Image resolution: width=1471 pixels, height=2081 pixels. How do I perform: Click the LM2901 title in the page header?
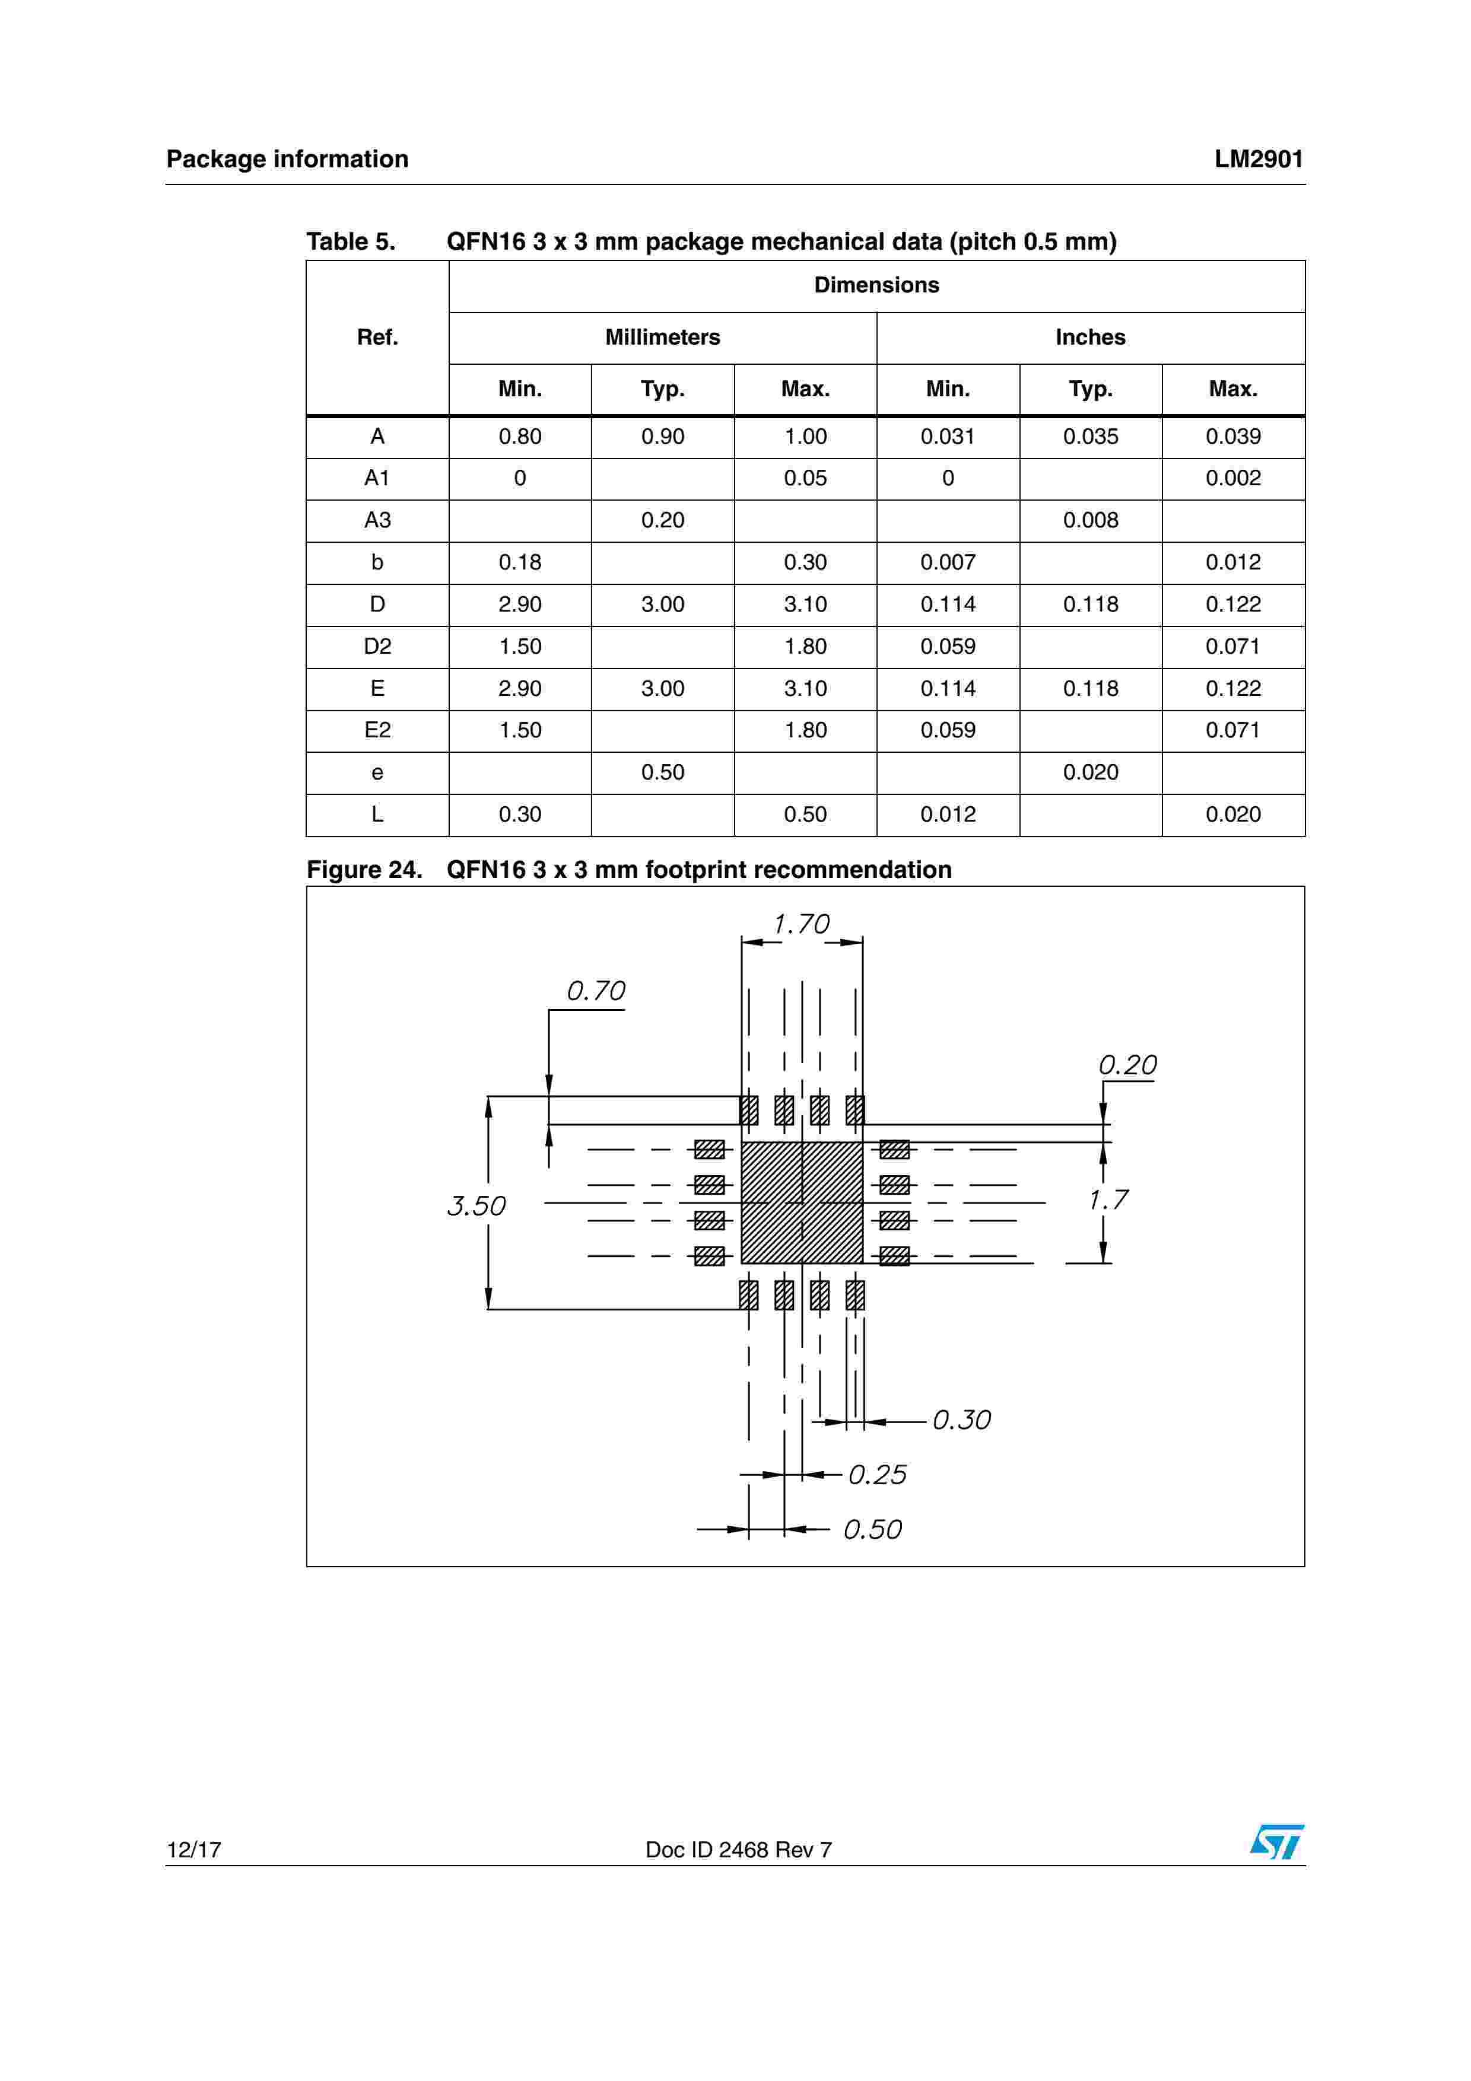[1258, 160]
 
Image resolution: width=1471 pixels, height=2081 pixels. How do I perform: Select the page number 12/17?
[194, 1849]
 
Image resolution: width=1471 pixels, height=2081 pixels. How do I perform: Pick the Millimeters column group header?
[663, 337]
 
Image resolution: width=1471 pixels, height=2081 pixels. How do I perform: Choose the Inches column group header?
[1090, 337]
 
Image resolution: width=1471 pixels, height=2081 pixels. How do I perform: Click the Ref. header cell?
[377, 337]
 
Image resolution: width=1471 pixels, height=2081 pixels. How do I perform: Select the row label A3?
[377, 520]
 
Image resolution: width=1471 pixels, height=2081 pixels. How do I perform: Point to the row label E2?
[377, 730]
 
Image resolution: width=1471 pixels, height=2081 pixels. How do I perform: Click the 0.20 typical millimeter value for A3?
[663, 520]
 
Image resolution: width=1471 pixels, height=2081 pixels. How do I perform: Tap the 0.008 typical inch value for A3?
[1090, 520]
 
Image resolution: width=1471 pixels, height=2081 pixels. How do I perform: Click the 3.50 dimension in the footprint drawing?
[476, 1205]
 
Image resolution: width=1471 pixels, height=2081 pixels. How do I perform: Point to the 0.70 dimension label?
[596, 991]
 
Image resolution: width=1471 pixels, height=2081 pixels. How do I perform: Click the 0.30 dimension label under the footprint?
[962, 1420]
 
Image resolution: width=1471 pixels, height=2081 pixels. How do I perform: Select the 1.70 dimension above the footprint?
[801, 924]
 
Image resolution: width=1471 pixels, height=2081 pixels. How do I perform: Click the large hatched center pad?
[802, 1202]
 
